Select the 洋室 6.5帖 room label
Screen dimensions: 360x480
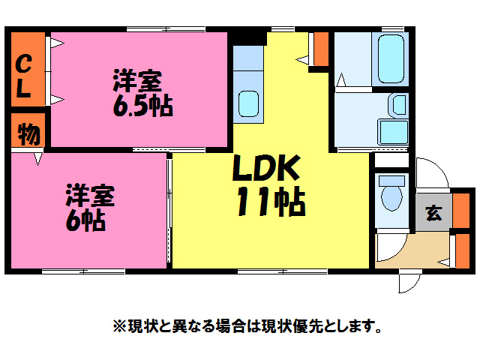point(142,93)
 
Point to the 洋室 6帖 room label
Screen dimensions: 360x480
point(88,207)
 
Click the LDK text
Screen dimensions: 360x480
point(265,169)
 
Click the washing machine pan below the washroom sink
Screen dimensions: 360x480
point(391,132)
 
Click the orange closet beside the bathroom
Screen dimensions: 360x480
point(321,49)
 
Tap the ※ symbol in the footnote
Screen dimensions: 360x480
point(118,326)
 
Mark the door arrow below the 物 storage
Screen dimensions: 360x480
point(37,158)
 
